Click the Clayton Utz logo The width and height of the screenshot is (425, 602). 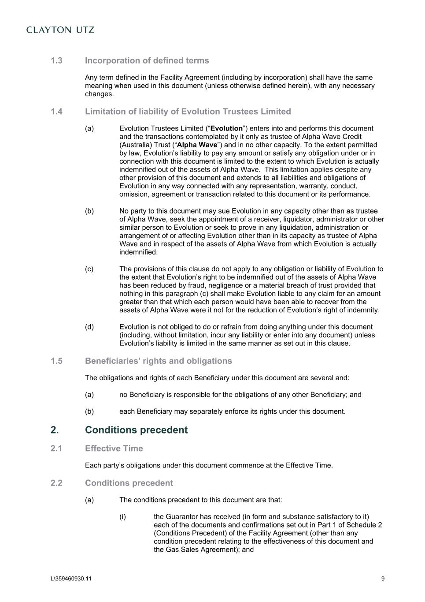pos(60,30)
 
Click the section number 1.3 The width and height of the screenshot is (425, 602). pos(56,60)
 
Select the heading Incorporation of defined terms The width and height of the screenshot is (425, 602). pos(147,60)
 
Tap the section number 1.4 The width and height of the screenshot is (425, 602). pos(56,112)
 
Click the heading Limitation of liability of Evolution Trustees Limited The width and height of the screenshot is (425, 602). pos(188,112)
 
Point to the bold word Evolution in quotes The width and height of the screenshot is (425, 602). pos(226,128)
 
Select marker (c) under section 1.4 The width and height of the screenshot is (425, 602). pos(89,269)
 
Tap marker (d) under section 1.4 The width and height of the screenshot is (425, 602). pos(89,327)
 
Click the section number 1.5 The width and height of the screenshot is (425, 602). pos(56,361)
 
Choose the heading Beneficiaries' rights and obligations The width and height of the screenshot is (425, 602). pos(158,361)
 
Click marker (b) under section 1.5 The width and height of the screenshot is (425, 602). pos(89,411)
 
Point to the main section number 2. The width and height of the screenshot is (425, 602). pos(55,430)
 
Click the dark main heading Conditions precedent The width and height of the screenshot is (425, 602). pos(136,430)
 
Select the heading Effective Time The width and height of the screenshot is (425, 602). pos(114,449)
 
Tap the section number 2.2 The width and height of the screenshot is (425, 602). pos(56,483)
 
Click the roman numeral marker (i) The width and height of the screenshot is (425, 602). pos(122,517)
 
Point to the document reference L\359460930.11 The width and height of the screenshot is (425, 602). pos(71,579)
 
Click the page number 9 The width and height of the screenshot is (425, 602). pos(383,579)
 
